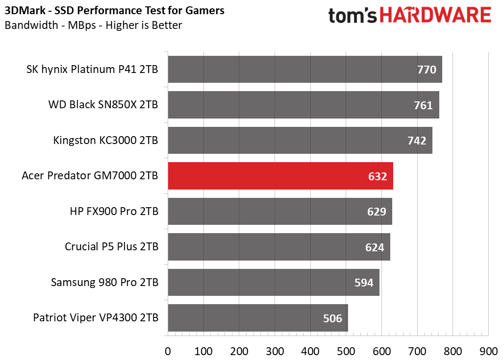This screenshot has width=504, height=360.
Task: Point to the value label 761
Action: (423, 105)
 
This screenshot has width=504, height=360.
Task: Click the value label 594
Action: (363, 283)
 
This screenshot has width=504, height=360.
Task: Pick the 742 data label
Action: (417, 141)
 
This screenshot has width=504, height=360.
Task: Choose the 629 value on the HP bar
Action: (377, 212)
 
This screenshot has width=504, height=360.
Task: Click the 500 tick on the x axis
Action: (346, 351)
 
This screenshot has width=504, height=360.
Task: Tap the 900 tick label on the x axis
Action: (488, 351)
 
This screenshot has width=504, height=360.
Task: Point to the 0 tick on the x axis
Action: (168, 351)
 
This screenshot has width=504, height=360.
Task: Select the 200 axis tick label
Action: (239, 351)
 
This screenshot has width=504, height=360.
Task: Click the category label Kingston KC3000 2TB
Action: (105, 141)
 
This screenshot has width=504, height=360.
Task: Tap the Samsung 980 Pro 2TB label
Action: (104, 283)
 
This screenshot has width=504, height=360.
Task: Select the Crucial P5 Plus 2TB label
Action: (111, 247)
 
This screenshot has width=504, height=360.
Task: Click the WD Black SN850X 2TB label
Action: (103, 105)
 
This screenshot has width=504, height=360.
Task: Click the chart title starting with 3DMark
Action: (115, 11)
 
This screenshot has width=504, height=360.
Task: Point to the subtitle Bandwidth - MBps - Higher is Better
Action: (93, 25)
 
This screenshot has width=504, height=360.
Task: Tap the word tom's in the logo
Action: (352, 16)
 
